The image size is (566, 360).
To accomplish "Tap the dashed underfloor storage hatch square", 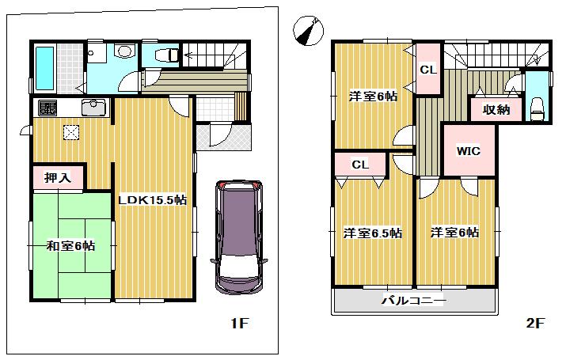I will (x=71, y=134).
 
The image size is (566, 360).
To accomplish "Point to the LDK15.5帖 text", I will (x=153, y=201).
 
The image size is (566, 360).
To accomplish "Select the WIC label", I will (x=467, y=150).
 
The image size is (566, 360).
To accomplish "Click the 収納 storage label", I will (x=496, y=110).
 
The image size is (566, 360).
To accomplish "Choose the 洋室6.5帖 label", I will (x=371, y=233).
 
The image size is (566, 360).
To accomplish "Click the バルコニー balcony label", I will (x=414, y=301).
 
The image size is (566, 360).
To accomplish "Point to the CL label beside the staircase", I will (x=428, y=70).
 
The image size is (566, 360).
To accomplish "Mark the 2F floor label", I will (x=536, y=324).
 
